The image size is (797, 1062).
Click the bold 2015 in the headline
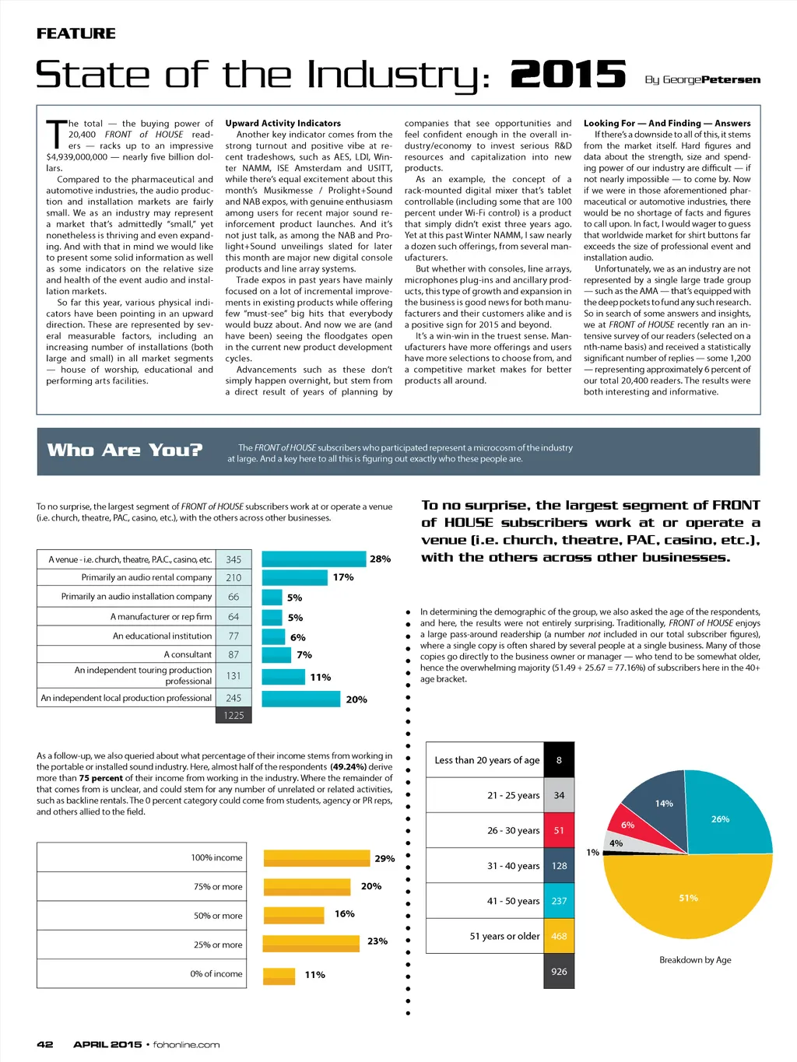568,75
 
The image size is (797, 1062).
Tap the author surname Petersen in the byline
731,79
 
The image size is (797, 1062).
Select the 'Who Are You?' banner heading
125,450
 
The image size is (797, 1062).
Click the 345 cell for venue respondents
233,559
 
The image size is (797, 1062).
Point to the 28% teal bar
314,559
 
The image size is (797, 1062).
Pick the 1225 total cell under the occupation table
233,715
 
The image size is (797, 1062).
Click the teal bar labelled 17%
294,577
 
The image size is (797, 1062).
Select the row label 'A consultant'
188,654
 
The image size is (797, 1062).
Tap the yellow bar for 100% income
316,857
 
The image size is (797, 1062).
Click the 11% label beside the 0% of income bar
314,975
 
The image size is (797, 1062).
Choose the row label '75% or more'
218,886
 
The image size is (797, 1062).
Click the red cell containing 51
559,830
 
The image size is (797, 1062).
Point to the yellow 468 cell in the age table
559,936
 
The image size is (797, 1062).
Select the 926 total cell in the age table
559,971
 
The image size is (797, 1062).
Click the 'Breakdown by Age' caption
695,959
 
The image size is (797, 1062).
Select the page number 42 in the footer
45,1044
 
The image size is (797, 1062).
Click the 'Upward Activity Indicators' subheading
283,123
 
